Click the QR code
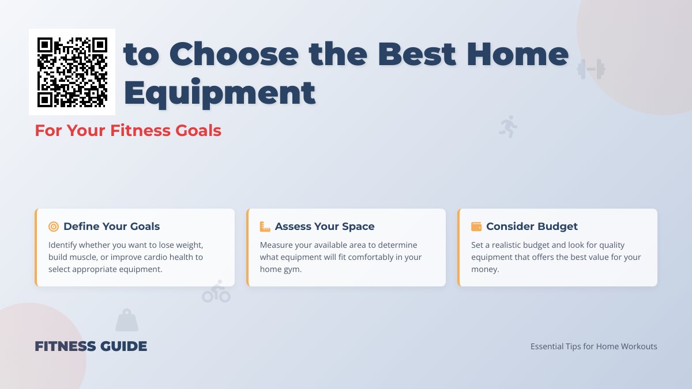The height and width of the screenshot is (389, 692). pos(72,72)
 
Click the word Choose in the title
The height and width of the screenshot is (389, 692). pos(234,55)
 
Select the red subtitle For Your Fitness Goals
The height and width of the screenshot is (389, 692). pos(128,130)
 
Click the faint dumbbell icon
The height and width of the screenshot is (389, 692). pos(591,69)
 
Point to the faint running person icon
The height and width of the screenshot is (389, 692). pos(508,126)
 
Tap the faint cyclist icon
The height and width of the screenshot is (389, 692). pos(216,292)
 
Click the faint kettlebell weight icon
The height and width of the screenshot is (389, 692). pos(127,320)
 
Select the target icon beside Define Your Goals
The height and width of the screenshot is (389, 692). pos(54,226)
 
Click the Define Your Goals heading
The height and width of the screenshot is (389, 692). pos(112,226)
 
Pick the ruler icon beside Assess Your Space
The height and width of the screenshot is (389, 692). pos(265,226)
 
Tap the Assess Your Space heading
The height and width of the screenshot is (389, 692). pos(325,226)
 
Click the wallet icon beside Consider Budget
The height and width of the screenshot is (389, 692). pos(476,226)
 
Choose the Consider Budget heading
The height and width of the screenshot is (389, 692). pos(532,226)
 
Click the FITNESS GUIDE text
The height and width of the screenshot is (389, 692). pos(91,346)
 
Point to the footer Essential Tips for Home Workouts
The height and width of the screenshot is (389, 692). pos(593,346)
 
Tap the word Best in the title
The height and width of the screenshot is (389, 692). pos(418,55)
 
